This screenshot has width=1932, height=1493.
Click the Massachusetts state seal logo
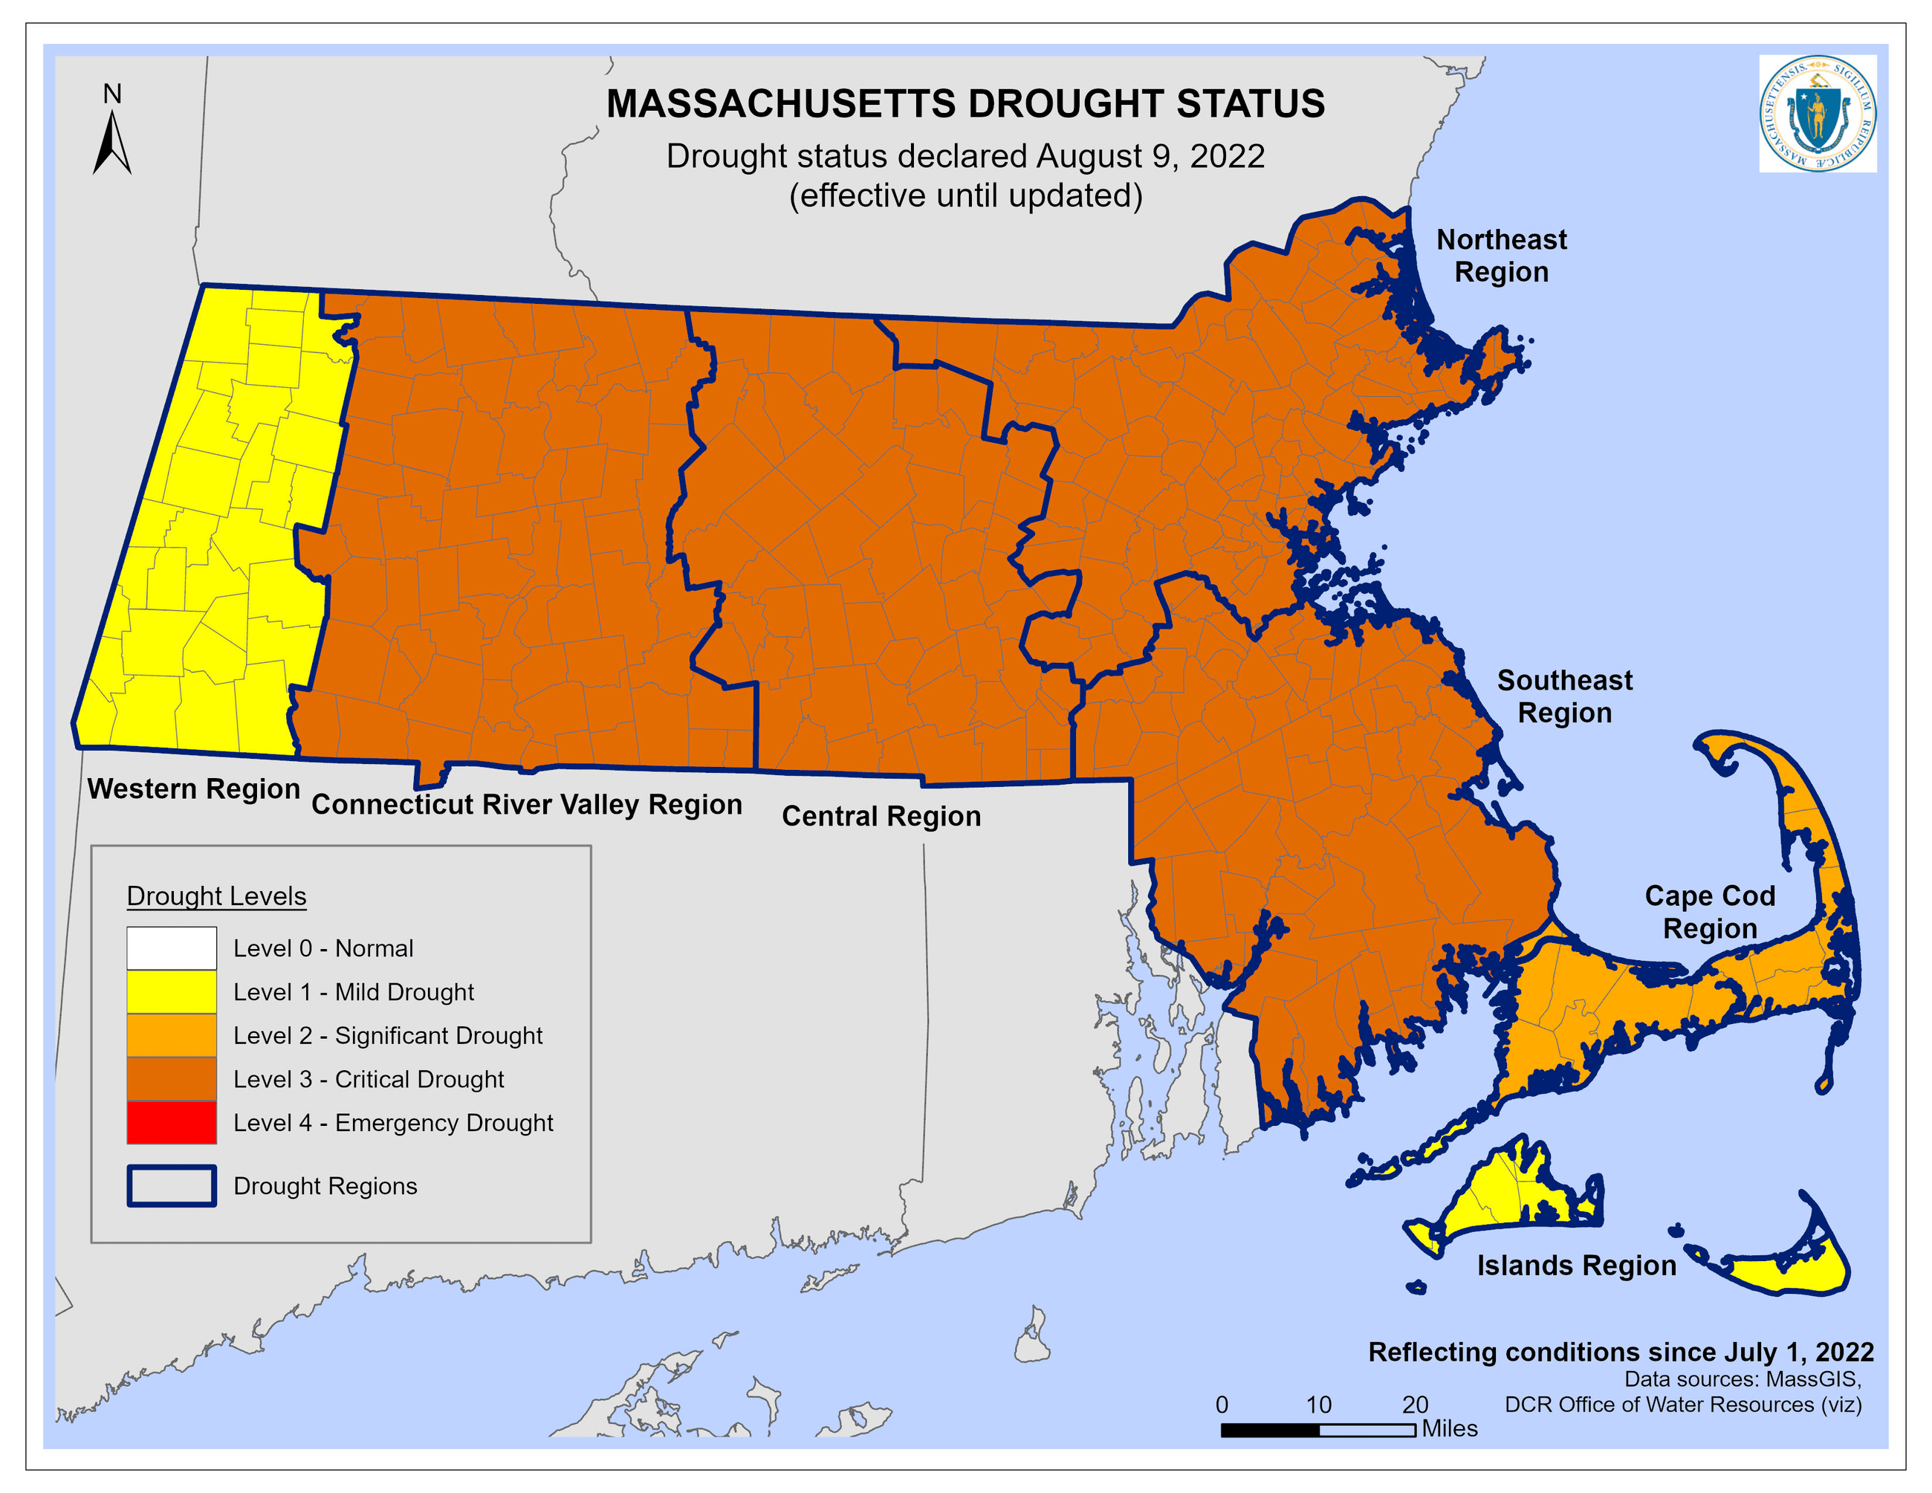click(x=1817, y=113)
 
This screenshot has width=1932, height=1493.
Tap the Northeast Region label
click(x=1501, y=256)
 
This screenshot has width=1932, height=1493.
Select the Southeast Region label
click(x=1564, y=696)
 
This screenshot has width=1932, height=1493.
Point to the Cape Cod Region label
click(x=1709, y=912)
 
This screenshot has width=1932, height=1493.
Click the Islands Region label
click(x=1576, y=1266)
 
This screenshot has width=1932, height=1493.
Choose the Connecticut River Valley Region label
click(x=526, y=804)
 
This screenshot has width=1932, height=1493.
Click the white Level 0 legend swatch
click(x=172, y=948)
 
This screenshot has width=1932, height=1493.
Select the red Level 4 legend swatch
click(x=172, y=1122)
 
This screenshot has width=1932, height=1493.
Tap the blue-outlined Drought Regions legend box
click(x=172, y=1186)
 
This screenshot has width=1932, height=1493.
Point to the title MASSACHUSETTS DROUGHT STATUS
click(x=965, y=103)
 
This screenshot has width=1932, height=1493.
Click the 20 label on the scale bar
click(x=1415, y=1405)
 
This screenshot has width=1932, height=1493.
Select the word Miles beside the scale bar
click(x=1449, y=1428)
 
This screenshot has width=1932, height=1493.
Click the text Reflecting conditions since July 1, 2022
click(x=1621, y=1352)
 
